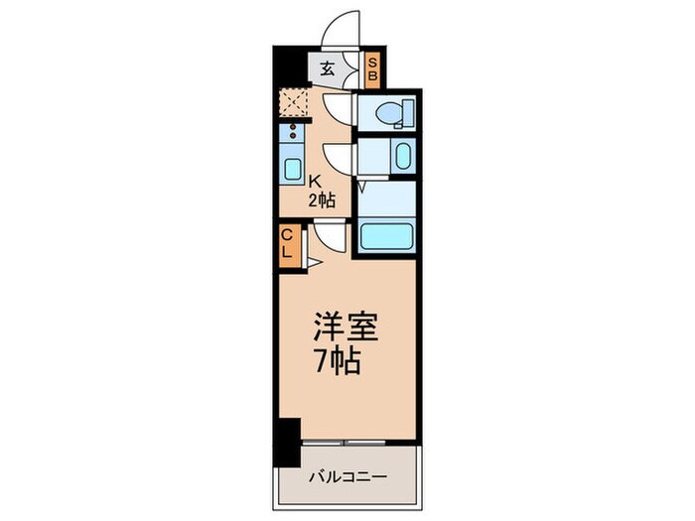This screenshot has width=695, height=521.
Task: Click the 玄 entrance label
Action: (327, 69)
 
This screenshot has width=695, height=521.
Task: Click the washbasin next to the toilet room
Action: (401, 156)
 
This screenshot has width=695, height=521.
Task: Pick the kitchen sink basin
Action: (293, 168)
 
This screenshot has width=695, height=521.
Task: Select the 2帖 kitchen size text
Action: (322, 199)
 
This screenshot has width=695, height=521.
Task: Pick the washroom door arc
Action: (338, 156)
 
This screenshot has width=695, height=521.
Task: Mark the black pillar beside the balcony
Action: (288, 443)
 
